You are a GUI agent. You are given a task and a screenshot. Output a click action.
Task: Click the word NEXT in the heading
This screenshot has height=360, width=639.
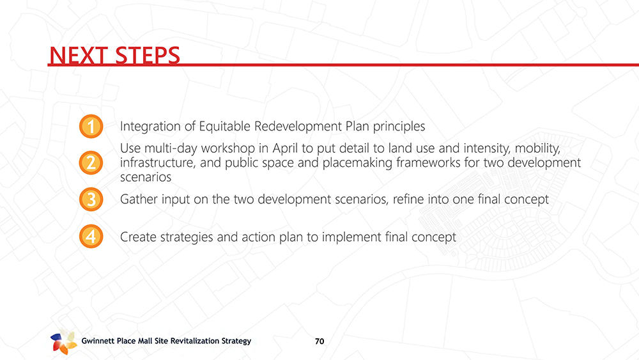(x=78, y=55)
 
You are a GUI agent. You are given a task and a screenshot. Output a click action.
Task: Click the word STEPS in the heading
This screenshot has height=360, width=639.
(x=147, y=55)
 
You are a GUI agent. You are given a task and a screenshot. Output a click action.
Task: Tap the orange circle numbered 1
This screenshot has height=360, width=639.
(x=91, y=127)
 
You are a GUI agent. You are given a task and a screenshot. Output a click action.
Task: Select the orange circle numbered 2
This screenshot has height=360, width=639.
(x=91, y=162)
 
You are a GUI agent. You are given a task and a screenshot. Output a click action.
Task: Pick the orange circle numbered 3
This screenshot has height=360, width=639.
(x=91, y=200)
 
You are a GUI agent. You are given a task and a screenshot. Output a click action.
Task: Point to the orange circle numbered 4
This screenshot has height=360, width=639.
(x=91, y=237)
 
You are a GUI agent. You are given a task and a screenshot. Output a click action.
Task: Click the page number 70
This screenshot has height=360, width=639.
(x=319, y=341)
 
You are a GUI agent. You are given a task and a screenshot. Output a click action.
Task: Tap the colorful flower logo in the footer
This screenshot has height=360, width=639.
(x=63, y=341)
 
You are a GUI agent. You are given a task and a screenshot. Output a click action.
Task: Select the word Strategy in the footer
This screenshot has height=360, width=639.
(x=236, y=341)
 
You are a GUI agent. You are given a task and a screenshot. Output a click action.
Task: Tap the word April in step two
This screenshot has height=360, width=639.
(x=283, y=148)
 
